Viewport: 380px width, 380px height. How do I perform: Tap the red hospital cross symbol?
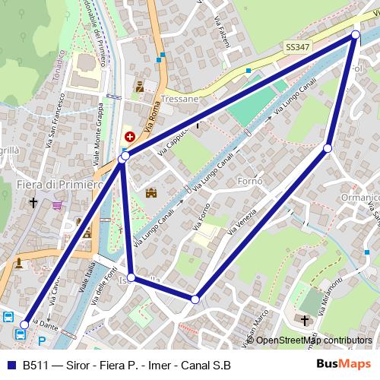pyautogui.click(x=130, y=137)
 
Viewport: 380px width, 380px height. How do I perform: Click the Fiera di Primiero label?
pyautogui.click(x=59, y=185)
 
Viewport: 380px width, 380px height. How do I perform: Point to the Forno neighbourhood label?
pyautogui.click(x=249, y=182)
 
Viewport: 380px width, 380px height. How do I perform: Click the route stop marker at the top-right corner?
pyautogui.click(x=355, y=35)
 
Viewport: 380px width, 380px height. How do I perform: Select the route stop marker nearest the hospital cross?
pyautogui.click(x=124, y=156)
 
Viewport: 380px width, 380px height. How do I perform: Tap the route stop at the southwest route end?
pyautogui.click(x=24, y=325)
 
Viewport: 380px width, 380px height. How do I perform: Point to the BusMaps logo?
pyautogui.click(x=347, y=363)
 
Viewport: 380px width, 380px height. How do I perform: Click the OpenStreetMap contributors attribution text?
pyautogui.click(x=313, y=340)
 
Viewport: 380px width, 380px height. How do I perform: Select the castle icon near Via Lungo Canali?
pyautogui.click(x=150, y=193)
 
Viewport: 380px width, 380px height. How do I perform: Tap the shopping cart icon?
pyautogui.click(x=57, y=204)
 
